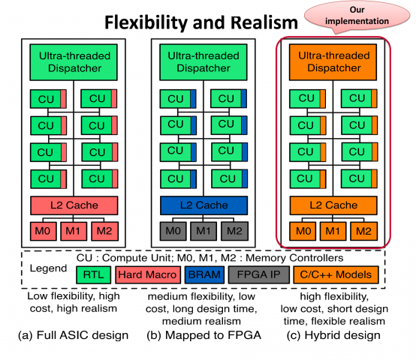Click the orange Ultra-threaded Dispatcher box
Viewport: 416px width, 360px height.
pos(333,62)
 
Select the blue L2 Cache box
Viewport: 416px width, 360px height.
pos(203,205)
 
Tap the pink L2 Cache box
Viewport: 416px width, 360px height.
pos(74,205)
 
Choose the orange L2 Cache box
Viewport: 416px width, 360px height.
pos(333,205)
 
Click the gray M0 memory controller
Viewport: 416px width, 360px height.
pos(173,231)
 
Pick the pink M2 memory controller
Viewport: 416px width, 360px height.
pos(104,231)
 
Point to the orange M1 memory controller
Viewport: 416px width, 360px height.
pos(333,231)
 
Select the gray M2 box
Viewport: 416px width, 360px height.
pos(234,231)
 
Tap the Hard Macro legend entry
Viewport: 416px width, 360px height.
pos(148,275)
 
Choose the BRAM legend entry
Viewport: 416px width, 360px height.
pos(204,275)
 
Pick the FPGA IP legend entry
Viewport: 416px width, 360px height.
pos(258,275)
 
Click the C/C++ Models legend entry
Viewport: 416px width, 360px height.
pos(336,275)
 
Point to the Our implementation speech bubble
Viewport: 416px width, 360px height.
pos(357,16)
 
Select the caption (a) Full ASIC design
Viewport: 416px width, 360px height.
pos(74,335)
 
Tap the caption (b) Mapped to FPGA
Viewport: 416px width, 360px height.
pos(203,335)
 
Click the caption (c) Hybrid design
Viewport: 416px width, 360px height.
pos(333,335)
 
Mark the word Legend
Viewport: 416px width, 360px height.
pos(48,268)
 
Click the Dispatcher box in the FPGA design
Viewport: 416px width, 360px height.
pos(203,62)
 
